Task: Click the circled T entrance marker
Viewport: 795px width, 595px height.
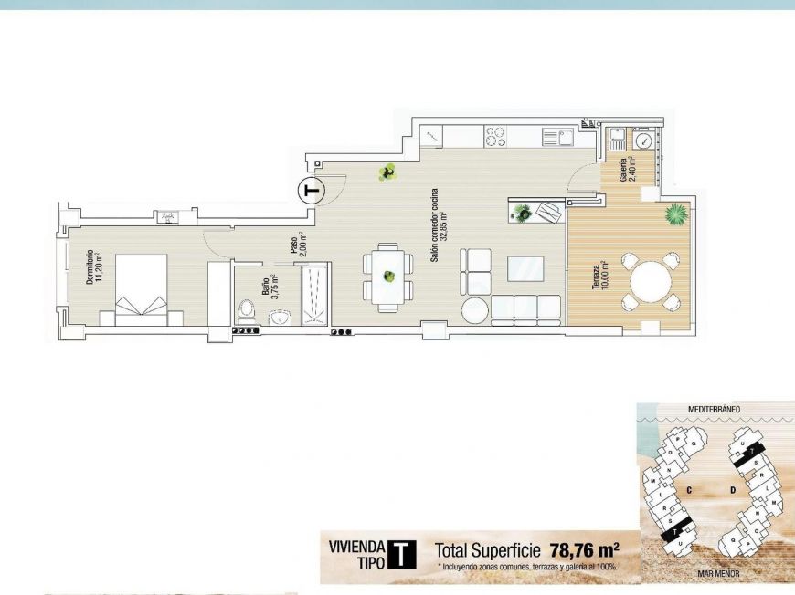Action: (x=312, y=191)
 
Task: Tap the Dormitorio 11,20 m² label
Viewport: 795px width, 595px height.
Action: (x=93, y=268)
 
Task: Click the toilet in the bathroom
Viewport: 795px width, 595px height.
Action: (x=246, y=311)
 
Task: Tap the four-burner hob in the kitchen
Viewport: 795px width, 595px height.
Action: (x=496, y=136)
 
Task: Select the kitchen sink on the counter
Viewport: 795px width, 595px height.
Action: (x=556, y=137)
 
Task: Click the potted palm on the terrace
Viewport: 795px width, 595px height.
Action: (x=675, y=214)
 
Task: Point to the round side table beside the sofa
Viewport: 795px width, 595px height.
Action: (x=475, y=310)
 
